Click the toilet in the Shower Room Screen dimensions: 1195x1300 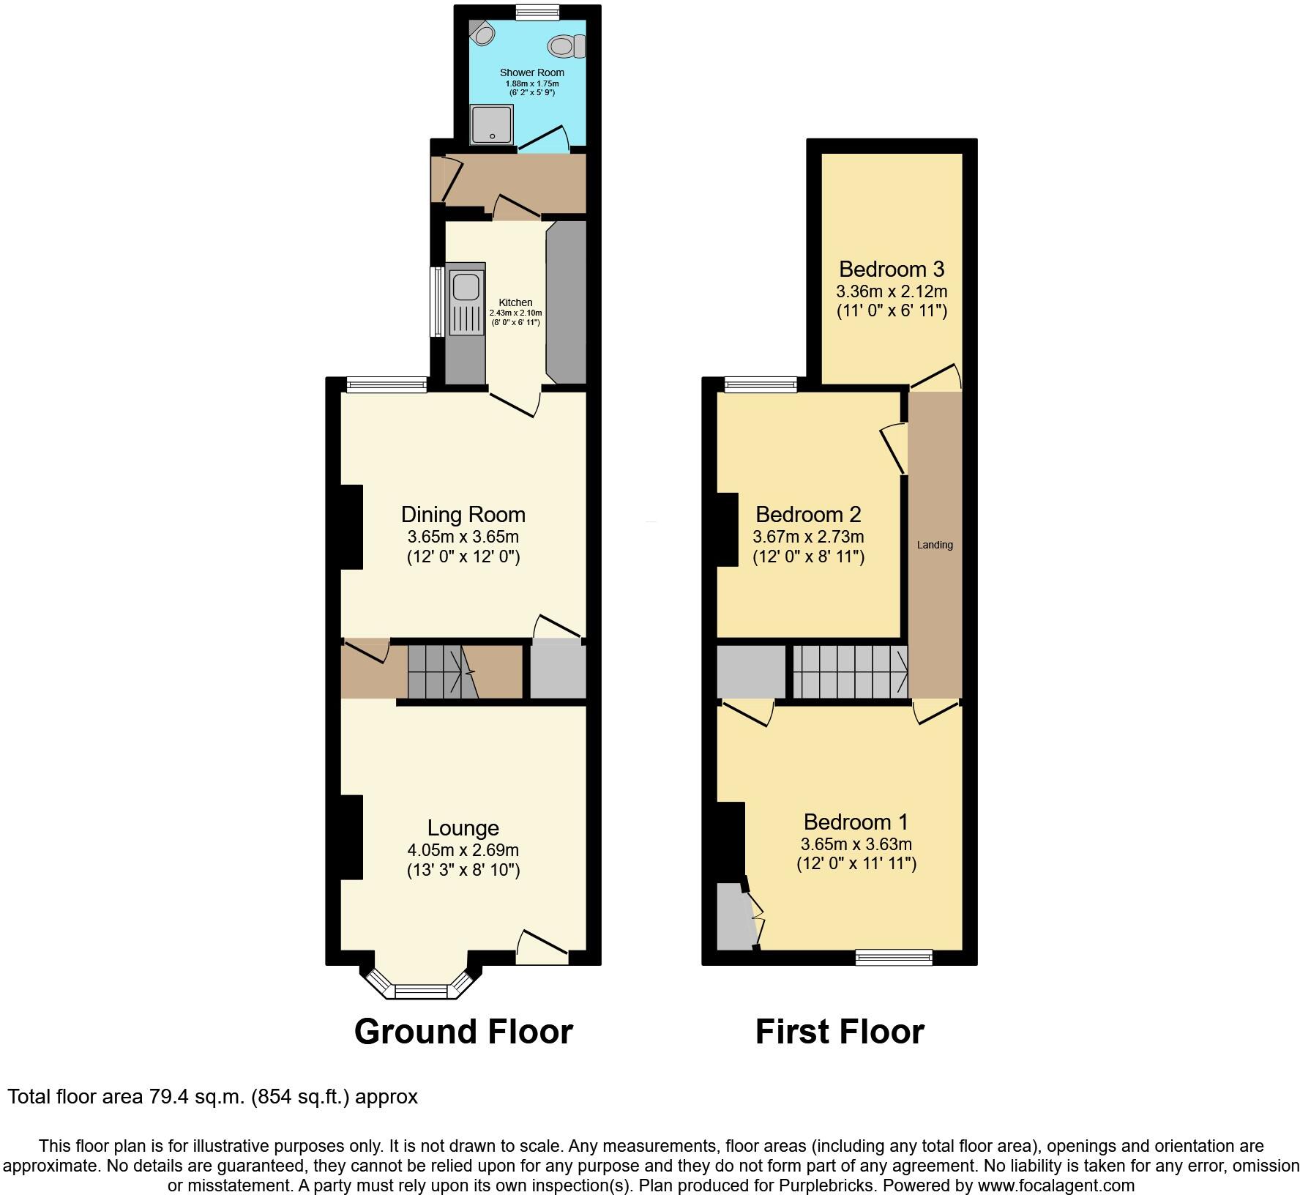click(565, 46)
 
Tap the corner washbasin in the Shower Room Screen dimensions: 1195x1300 click(482, 31)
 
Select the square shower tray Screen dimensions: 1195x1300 click(492, 124)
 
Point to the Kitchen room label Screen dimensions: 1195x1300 click(515, 302)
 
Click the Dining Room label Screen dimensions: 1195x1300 click(463, 514)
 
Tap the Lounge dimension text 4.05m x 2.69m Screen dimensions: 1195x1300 click(463, 850)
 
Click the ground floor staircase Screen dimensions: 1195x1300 click(442, 671)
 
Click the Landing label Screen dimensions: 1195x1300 click(935, 545)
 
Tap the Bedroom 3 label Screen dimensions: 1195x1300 click(892, 269)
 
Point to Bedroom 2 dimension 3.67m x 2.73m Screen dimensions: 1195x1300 click(808, 537)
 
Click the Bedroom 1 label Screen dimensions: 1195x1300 click(856, 822)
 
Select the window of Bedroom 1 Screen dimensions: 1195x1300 click(894, 956)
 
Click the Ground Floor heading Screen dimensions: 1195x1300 click(463, 1032)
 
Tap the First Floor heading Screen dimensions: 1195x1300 click(840, 1032)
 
